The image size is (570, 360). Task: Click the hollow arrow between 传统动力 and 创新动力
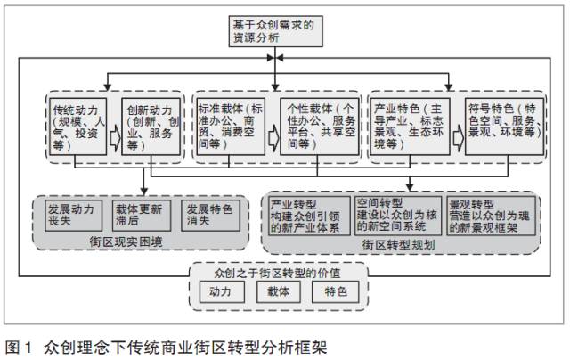point(114,136)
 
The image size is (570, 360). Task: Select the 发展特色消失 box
point(209,215)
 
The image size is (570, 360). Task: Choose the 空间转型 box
point(399,216)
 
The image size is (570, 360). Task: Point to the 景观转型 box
point(493,216)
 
